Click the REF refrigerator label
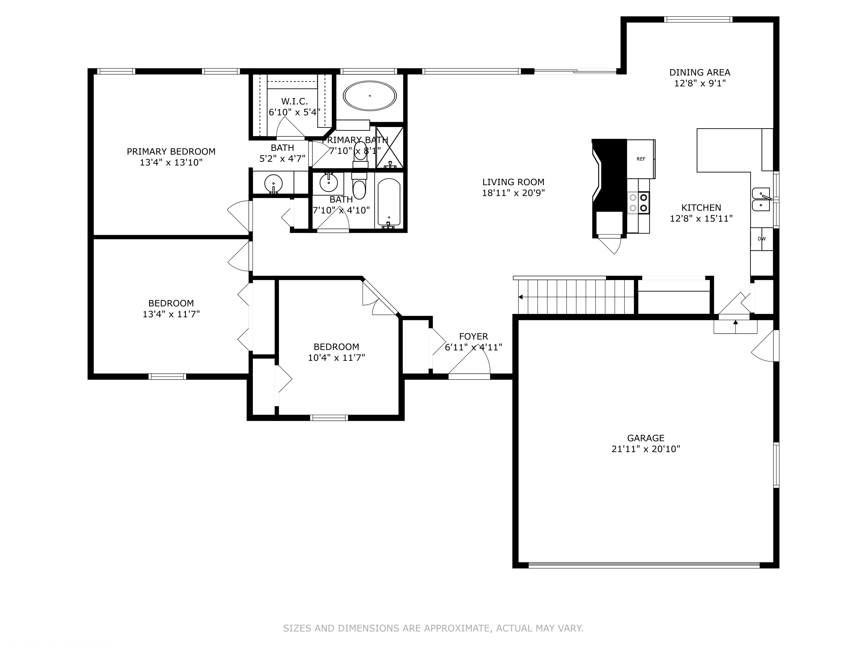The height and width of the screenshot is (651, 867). point(641,159)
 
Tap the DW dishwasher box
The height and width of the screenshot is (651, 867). point(762,239)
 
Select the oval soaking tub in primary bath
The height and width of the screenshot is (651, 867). point(370,96)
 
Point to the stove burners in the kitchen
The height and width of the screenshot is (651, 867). point(638,203)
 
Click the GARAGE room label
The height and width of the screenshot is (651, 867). point(646,438)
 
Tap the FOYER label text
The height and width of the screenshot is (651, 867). point(473,336)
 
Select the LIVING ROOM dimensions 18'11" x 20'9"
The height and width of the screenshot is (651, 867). point(514,193)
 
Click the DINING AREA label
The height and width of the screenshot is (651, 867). point(700,72)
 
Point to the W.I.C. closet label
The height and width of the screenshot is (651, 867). point(294,101)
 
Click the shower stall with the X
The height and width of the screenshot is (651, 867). point(390,148)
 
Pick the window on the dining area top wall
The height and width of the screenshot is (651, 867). point(698,19)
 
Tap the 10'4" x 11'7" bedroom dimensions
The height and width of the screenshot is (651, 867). point(336,358)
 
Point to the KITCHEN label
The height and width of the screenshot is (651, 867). point(701,207)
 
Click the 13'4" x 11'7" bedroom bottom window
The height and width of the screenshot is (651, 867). point(167,377)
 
